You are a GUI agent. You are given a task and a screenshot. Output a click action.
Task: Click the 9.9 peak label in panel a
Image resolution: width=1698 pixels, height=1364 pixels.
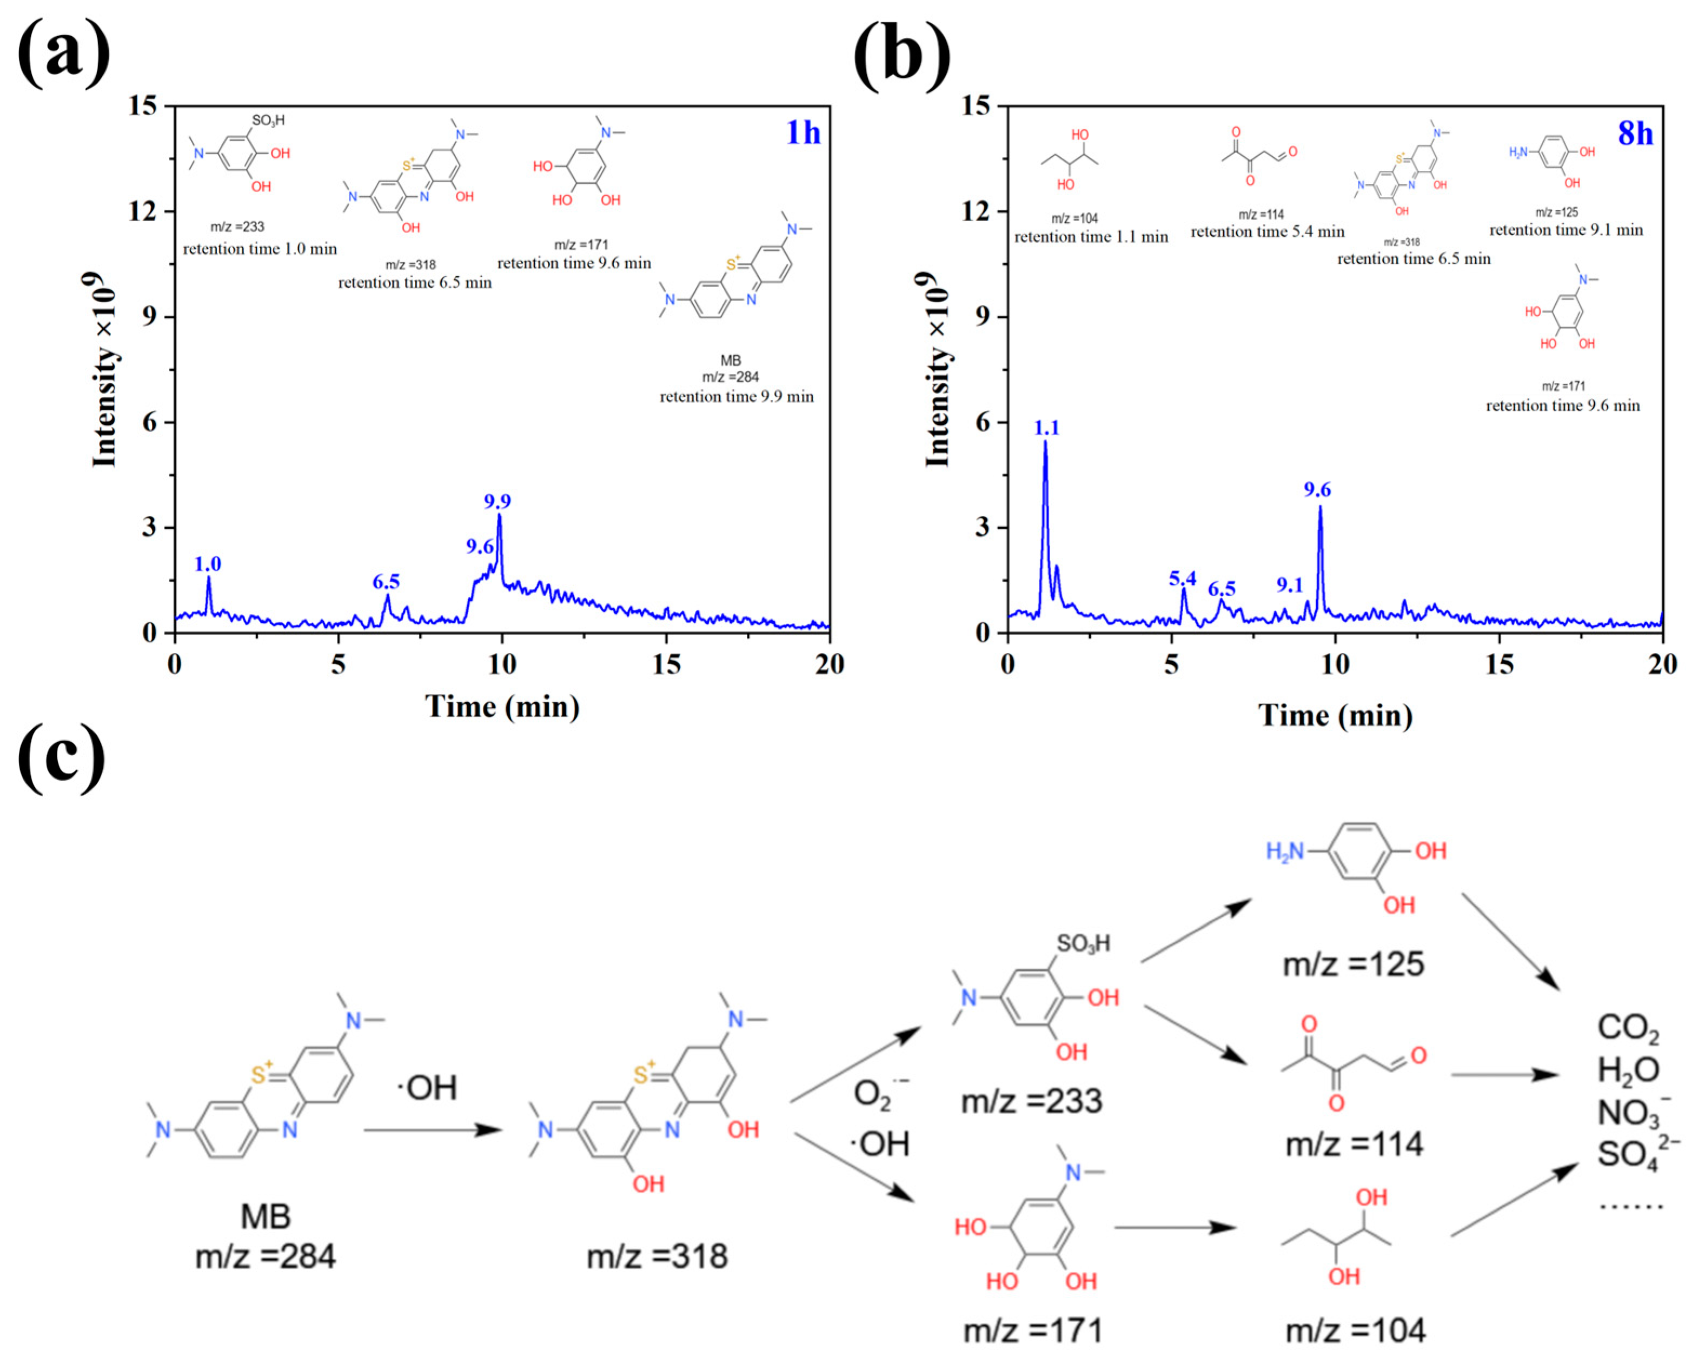[497, 501]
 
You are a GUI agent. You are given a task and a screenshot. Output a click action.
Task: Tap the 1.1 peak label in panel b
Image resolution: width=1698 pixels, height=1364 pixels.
[1047, 428]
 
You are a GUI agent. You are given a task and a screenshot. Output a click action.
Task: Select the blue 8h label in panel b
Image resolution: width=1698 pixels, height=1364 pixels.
[1635, 133]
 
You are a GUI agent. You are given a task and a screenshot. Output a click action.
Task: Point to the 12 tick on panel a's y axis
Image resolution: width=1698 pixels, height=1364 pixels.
[143, 211]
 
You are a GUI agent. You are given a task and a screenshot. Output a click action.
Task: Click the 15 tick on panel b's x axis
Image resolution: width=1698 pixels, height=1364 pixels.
[1499, 664]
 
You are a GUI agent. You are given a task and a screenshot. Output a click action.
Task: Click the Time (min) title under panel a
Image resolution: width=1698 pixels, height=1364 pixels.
[502, 707]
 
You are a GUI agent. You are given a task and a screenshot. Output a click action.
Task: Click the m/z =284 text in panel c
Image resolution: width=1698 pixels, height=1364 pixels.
[266, 1256]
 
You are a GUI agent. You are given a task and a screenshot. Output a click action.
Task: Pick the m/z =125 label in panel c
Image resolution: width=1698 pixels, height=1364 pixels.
[1353, 964]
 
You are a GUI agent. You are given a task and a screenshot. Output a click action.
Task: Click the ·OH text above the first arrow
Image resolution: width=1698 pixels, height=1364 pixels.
[426, 1088]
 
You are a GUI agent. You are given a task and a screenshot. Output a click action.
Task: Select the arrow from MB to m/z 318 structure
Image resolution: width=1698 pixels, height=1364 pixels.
[433, 1130]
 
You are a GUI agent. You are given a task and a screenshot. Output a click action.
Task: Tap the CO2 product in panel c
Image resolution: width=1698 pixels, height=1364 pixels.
[1627, 1028]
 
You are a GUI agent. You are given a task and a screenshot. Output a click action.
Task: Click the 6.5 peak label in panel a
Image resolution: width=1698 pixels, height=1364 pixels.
[386, 582]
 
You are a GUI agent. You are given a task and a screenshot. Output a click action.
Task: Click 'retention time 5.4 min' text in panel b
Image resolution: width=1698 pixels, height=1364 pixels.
[1267, 231]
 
